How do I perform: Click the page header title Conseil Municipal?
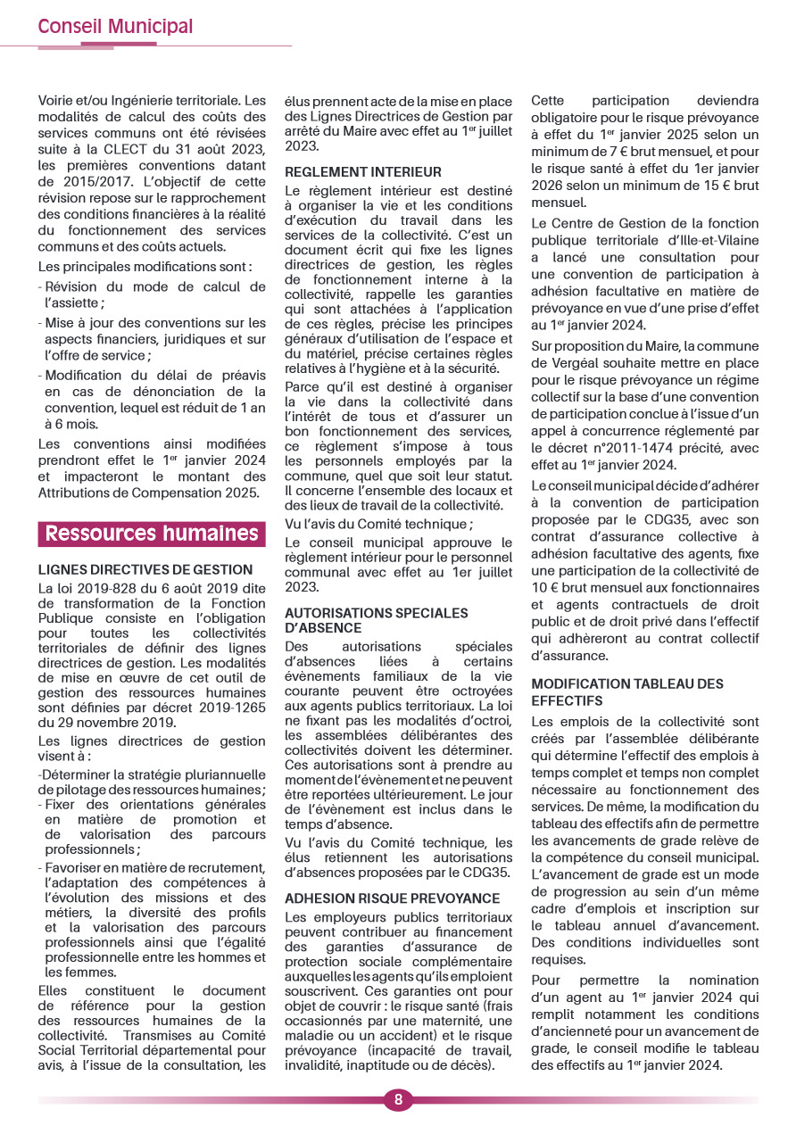tap(115, 27)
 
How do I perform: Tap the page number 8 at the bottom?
tap(398, 1099)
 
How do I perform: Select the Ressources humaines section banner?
tap(152, 534)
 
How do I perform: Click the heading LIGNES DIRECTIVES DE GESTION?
tap(145, 570)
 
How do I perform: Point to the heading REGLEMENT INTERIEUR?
tap(363, 172)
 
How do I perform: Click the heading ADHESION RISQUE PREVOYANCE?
tap(393, 898)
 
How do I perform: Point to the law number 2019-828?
tap(112, 587)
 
